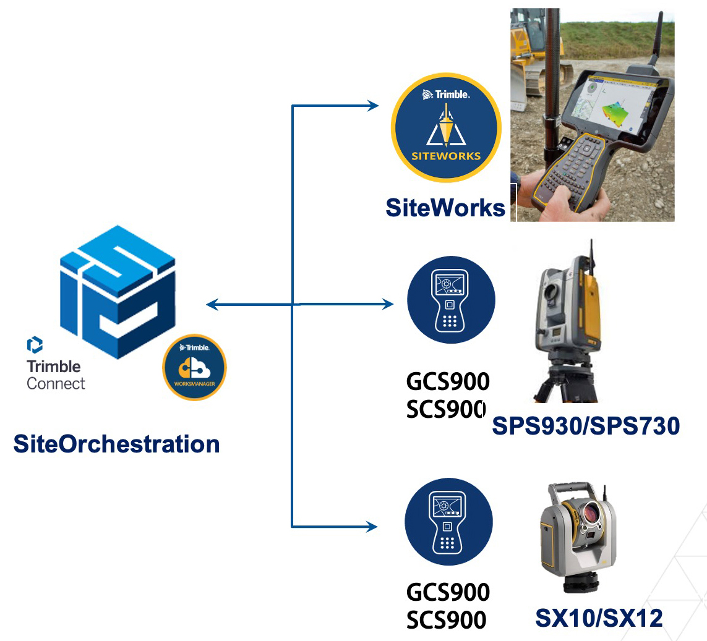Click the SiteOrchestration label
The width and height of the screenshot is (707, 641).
pyautogui.click(x=116, y=444)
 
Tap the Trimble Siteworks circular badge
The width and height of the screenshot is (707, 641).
pyautogui.click(x=446, y=128)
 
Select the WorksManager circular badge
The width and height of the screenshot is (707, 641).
pyautogui.click(x=194, y=367)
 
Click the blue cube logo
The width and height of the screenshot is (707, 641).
pyautogui.click(x=118, y=291)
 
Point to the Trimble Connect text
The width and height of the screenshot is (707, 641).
pyautogui.click(x=56, y=375)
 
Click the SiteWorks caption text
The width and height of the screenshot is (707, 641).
pyautogui.click(x=445, y=208)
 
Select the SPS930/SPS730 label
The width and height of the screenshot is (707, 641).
pyautogui.click(x=586, y=426)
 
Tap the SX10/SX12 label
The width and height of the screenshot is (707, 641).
pyautogui.click(x=599, y=618)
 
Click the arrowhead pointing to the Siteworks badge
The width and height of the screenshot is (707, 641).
pyautogui.click(x=373, y=106)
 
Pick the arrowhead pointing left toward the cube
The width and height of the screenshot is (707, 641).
pyautogui.click(x=212, y=305)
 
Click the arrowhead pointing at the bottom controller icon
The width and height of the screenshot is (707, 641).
pyautogui.click(x=371, y=526)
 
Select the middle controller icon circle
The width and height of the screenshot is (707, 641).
pyautogui.click(x=451, y=300)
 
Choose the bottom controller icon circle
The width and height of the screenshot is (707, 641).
pyautogui.click(x=448, y=522)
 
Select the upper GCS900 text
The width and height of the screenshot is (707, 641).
pyautogui.click(x=448, y=381)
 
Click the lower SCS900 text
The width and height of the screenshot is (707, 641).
pyautogui.click(x=447, y=620)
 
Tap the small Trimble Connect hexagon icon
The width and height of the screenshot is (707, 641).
pyautogui.click(x=35, y=344)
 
